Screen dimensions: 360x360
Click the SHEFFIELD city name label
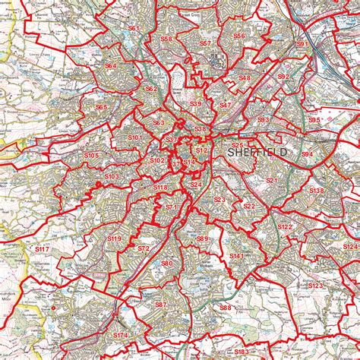point(257,153)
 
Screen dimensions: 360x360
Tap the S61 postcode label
point(134,29)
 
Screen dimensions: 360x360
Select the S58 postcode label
point(166,38)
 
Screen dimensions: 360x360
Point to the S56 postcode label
point(239,36)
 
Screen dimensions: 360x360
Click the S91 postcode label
point(302,45)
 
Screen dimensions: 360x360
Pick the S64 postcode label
point(111,66)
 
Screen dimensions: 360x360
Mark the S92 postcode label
point(283,77)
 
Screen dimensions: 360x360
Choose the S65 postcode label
point(101,108)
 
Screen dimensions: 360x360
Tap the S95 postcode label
point(314,120)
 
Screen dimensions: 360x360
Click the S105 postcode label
point(91,156)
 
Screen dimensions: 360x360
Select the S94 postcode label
point(307,154)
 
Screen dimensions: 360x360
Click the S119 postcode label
point(114,239)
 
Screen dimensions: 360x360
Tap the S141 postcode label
point(237,257)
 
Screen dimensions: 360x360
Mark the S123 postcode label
point(316,285)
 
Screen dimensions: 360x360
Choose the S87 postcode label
point(160,305)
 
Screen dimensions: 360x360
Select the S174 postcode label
point(122,335)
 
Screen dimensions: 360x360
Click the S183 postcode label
point(242,352)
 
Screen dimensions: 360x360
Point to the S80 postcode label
point(167,264)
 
